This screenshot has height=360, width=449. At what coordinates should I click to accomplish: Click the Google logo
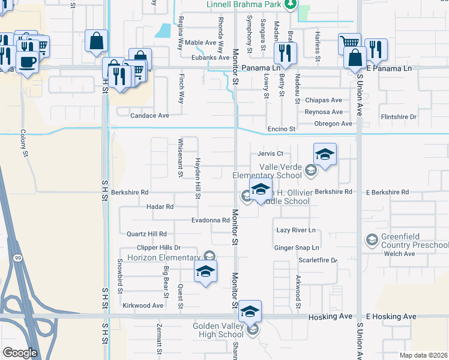20,353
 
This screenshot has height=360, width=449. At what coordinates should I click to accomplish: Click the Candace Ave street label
150,115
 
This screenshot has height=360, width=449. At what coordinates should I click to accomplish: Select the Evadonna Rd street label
210,220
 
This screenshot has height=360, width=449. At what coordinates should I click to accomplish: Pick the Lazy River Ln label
295,230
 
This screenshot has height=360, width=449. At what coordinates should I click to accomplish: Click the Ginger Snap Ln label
297,247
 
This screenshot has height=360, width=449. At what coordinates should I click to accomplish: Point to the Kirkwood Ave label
143,305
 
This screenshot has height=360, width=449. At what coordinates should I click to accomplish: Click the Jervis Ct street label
270,154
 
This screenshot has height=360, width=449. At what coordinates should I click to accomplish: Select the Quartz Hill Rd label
146,233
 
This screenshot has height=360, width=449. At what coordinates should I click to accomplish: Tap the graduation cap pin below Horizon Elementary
205,272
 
